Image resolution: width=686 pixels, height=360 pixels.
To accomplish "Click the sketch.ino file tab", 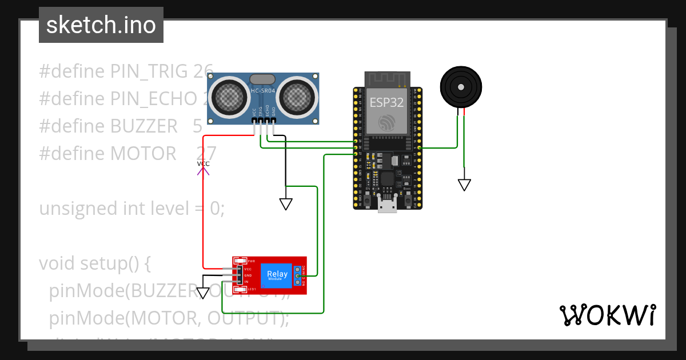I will [x=101, y=25].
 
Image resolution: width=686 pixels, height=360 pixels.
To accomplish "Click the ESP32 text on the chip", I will [x=386, y=102].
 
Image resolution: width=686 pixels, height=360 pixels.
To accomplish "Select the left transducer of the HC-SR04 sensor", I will [x=228, y=95].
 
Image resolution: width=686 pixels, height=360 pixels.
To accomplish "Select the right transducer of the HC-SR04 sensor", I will [x=298, y=95].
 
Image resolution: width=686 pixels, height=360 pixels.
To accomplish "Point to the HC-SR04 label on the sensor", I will [x=263, y=91].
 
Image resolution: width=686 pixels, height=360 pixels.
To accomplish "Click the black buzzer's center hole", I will [x=460, y=87].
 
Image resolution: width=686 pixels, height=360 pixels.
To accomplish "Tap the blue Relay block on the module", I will [x=277, y=275].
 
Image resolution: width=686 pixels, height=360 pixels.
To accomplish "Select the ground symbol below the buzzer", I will [x=464, y=185].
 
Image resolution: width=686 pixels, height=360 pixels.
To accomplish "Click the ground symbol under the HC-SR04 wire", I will [x=286, y=204].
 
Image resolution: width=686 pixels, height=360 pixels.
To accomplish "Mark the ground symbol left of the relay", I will [x=204, y=293].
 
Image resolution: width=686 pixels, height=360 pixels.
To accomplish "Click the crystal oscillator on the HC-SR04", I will [x=263, y=79].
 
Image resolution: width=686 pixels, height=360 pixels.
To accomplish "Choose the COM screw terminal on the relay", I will [x=297, y=275].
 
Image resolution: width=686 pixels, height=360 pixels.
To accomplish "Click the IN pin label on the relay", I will [x=246, y=282].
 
